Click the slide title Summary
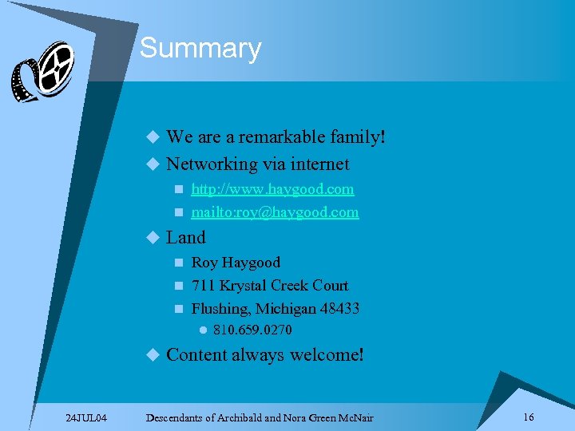200,49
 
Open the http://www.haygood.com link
272,189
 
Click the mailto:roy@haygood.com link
275,212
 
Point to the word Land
186,237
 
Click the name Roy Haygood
236,263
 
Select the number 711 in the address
204,286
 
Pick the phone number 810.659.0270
252,330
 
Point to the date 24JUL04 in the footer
87,417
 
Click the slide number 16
528,417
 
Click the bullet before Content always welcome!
153,354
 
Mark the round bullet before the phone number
203,330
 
